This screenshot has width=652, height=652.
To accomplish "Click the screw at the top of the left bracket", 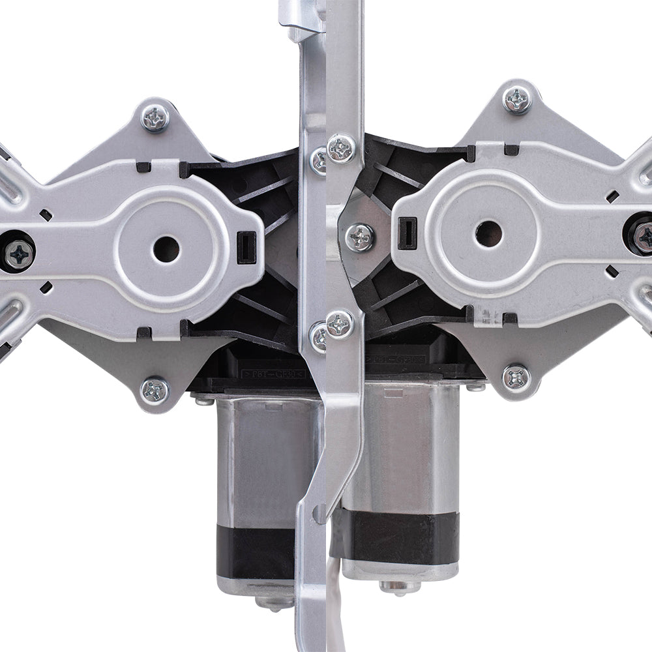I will (x=155, y=118).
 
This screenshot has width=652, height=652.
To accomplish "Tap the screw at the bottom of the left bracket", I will (x=155, y=391).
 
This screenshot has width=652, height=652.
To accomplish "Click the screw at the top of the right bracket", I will (x=517, y=100).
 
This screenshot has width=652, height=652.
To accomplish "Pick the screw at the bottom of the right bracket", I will (x=516, y=378).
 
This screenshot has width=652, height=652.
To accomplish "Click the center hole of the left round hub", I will (x=166, y=248).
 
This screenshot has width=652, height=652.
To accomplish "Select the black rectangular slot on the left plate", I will (x=246, y=248).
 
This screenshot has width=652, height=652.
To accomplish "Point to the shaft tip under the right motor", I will (x=399, y=587).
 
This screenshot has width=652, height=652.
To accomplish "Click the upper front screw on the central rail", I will (x=342, y=149).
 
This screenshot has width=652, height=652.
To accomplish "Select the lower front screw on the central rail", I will (x=340, y=324).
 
